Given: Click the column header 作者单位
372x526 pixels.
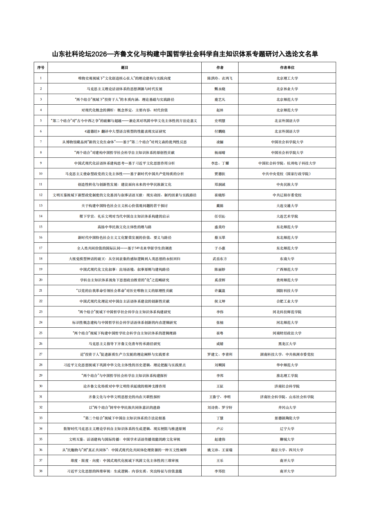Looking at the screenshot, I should pos(287,67).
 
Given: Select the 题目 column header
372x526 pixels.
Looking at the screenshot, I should pos(124,67).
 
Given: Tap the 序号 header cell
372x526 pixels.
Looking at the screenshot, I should pos(41,67).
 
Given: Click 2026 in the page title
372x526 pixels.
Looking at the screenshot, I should pos(100,54).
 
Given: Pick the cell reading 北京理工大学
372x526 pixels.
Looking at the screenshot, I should pos(287,78).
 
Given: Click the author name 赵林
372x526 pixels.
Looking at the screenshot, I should pos(220,110).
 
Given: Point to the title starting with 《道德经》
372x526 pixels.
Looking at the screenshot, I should pos(124,131).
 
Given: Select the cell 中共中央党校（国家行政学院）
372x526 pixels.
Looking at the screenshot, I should pos(287,174).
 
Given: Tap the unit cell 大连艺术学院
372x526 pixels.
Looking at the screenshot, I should pos(287,216).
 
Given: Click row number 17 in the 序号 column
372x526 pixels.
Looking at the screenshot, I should pos(41,248).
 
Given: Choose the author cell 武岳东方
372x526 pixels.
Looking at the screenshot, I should pos(220,259).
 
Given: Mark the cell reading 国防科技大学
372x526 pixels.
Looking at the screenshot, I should pos(287,290).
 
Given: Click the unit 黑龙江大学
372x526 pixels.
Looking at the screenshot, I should pos(287,344).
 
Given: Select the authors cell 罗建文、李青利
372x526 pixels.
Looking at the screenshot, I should pos(220,354).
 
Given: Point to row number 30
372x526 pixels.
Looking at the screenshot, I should pos(41,386).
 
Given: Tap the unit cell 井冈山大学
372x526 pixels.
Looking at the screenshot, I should pos(287,407).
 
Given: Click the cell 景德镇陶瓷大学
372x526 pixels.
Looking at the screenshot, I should pos(287,418).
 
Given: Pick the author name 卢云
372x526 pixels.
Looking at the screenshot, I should pos(220,429).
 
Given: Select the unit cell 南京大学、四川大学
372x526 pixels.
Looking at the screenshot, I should pos(287,450).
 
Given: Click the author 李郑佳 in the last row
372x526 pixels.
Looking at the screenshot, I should pos(220,471).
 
